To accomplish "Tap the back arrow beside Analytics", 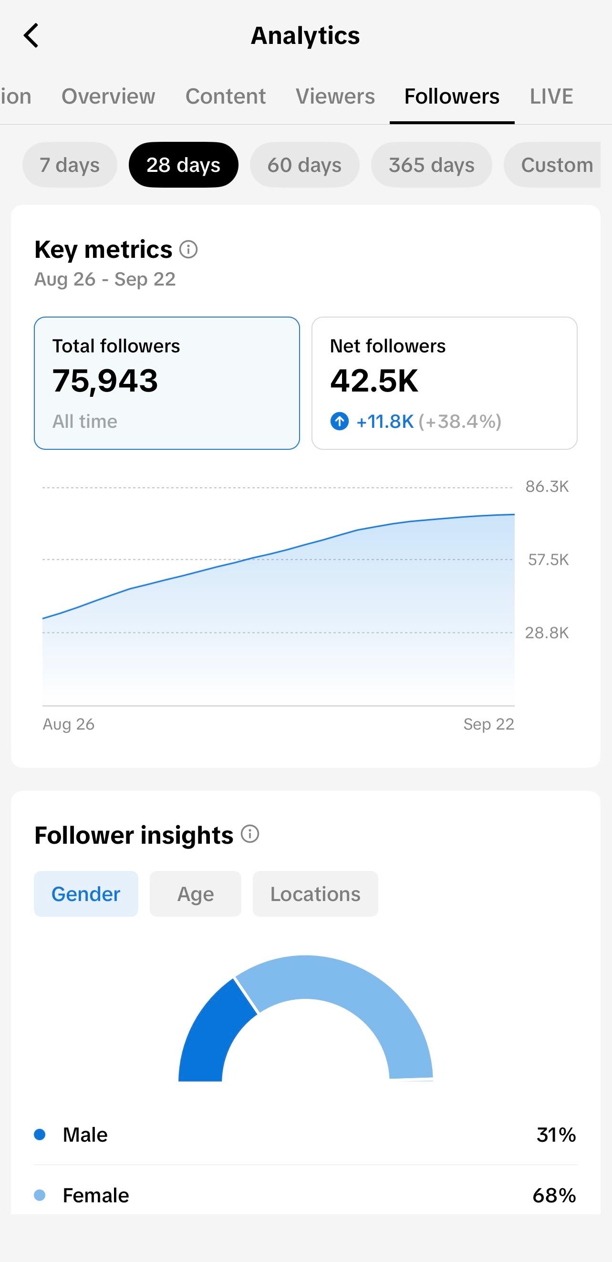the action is click(x=31, y=35).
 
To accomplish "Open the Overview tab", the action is click(x=108, y=96).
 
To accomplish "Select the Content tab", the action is click(x=226, y=96).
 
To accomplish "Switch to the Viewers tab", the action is click(x=335, y=96).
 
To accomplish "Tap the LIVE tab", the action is click(x=551, y=96).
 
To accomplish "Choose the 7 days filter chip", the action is click(x=70, y=165).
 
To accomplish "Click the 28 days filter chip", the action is click(x=184, y=165).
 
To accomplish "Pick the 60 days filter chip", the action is click(x=304, y=165).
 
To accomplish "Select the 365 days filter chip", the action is click(x=431, y=165).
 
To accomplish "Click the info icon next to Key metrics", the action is click(x=188, y=249).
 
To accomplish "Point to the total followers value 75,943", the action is click(x=105, y=381).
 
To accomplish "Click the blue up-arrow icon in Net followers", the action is click(x=339, y=421).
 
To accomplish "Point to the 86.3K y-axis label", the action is click(x=547, y=487).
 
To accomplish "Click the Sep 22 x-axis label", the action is click(x=488, y=723).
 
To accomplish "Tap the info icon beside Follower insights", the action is click(x=249, y=834).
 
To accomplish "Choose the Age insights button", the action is click(x=196, y=893).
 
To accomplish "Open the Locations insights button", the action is click(x=315, y=893).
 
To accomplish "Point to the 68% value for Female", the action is click(x=554, y=1195).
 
